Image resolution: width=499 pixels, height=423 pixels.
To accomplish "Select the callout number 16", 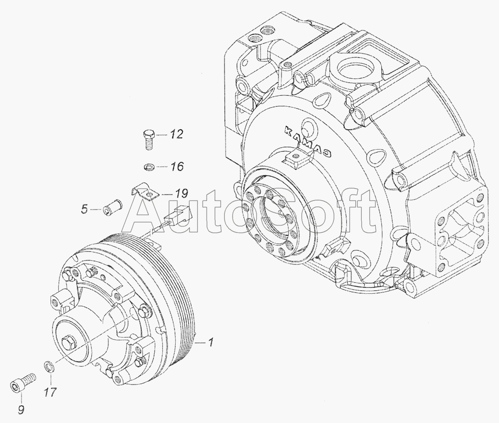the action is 176,166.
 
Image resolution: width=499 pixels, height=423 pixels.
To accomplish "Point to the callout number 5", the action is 84,210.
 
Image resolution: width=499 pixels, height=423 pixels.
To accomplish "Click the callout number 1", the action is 210,343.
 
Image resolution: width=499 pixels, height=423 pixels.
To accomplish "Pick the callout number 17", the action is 50,392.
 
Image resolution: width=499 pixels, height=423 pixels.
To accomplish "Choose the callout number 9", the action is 21,410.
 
